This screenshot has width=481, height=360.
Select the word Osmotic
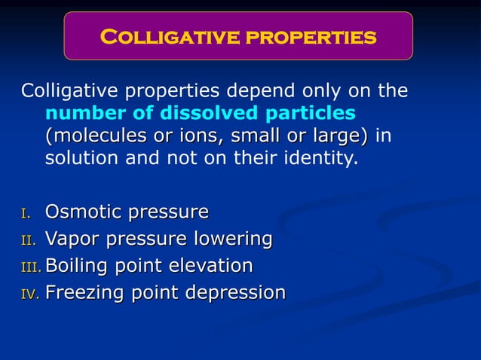(x=85, y=213)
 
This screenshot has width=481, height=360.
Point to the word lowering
(x=234, y=239)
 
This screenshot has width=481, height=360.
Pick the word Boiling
(x=76, y=266)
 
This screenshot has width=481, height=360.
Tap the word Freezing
(x=84, y=292)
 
